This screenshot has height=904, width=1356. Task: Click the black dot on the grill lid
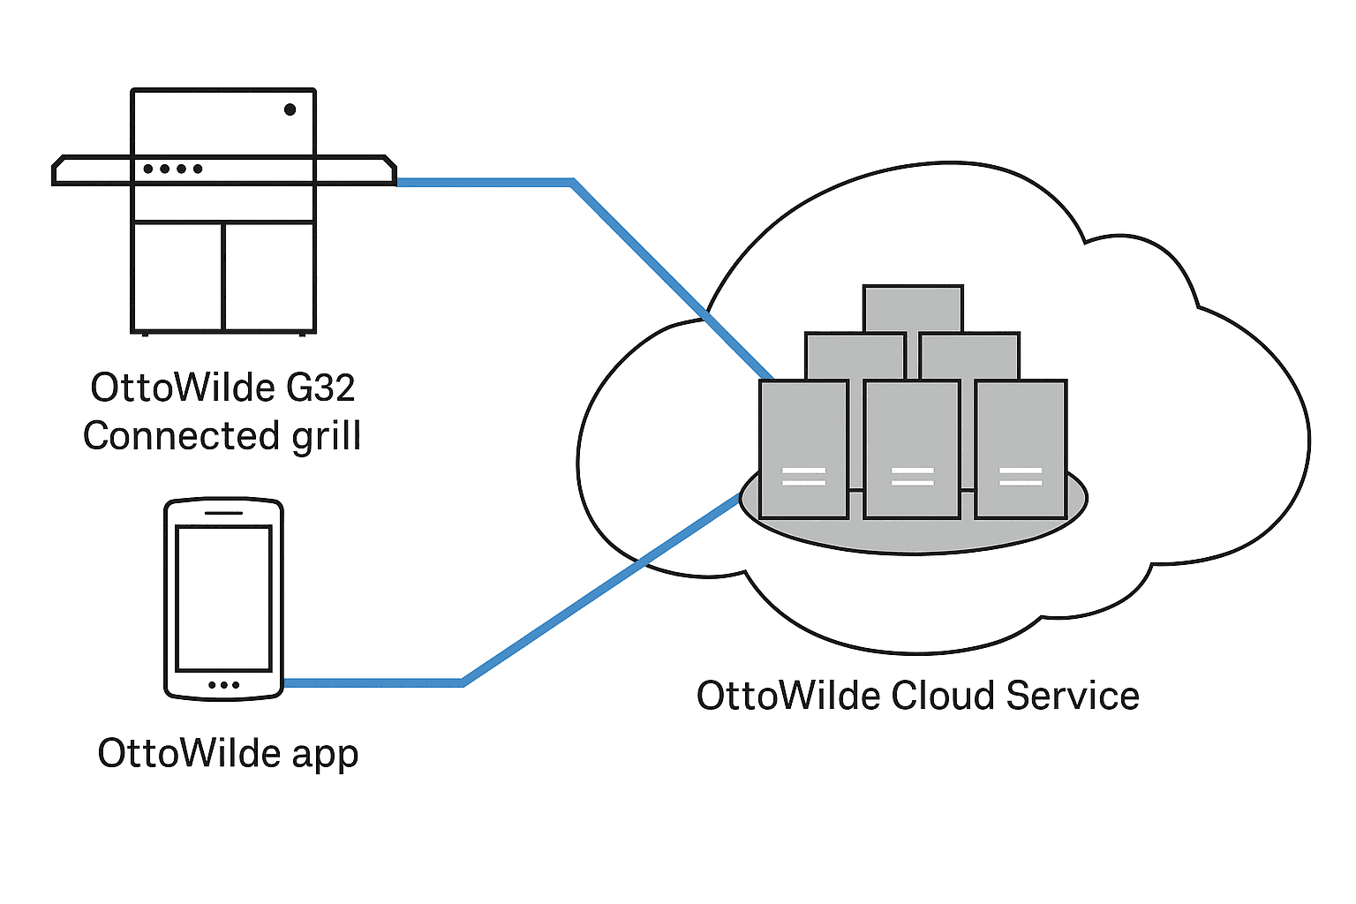[290, 109]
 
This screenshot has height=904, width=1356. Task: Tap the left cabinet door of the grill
[177, 276]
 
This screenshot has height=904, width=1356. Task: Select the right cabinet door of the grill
[269, 276]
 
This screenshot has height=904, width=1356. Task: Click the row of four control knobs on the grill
[173, 169]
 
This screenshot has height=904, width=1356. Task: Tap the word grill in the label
[327, 436]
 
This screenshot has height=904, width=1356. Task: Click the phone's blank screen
[223, 599]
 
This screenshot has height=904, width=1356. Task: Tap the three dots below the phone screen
[223, 685]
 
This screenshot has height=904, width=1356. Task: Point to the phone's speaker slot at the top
[223, 512]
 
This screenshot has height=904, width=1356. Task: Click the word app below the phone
[325, 755]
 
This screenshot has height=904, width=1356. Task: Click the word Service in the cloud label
[1073, 696]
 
